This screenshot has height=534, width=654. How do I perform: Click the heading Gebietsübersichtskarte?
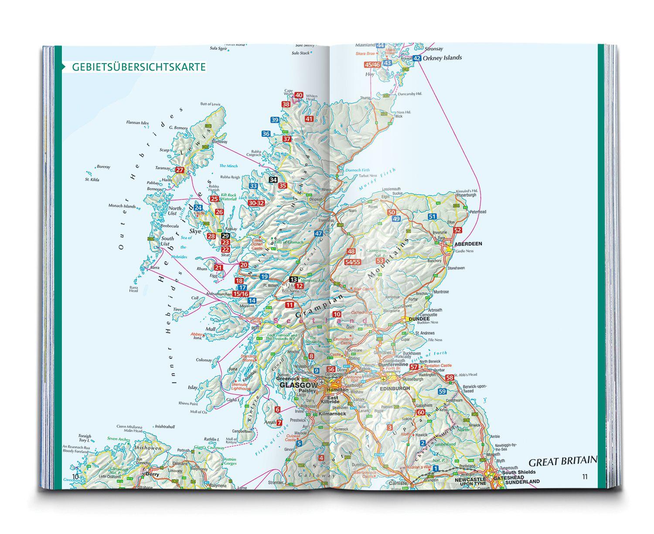pos(139,67)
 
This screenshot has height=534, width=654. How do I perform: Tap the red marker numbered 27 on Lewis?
pos(180,170)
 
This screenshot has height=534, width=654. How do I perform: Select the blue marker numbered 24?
pos(198,208)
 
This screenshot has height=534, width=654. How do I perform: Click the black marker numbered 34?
pos(273,179)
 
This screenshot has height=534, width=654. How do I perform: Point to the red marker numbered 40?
pos(299,95)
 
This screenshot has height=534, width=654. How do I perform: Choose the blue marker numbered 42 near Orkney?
pos(417,58)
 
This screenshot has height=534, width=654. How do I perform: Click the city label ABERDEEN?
pos(468,244)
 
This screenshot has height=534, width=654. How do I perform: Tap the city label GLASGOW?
pos(298,385)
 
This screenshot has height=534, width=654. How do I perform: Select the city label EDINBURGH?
pos(395,388)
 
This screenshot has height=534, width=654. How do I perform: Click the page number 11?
pos(585,477)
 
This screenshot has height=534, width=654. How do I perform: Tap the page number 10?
pos(75,477)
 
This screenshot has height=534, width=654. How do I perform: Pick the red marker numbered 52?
pos(457,230)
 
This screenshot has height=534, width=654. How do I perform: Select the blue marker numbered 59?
pos(443,391)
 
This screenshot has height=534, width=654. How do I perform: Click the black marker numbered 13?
pos(293,279)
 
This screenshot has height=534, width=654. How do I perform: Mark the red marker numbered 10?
pos(337,314)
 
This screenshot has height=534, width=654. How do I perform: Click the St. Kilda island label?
pos(91,179)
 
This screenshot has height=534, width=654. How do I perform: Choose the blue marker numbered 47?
pos(319,233)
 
